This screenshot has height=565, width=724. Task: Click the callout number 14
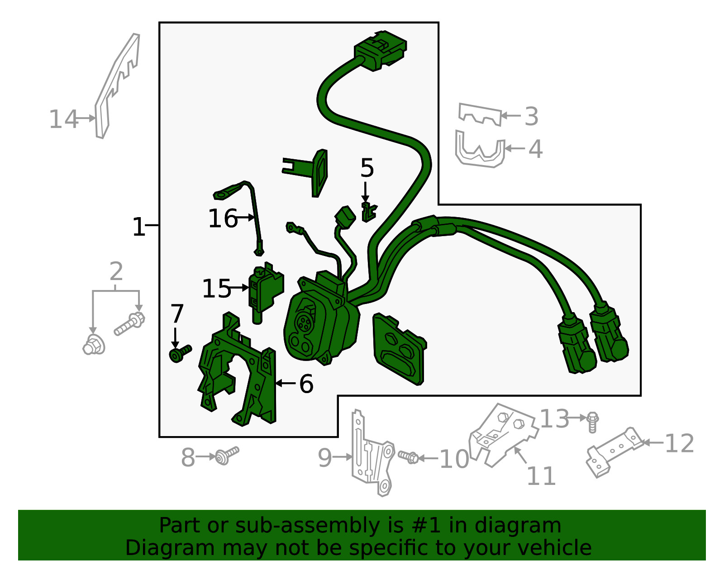(x=63, y=119)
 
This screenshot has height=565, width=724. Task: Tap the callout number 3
(x=531, y=117)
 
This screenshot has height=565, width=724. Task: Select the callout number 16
(x=223, y=218)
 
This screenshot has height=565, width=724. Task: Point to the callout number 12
(x=679, y=443)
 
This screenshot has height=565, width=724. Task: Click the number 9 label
(x=325, y=458)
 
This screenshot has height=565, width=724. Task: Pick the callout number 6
(x=306, y=384)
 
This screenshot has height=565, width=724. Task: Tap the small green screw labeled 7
(x=180, y=354)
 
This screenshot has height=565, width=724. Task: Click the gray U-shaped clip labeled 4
(x=480, y=149)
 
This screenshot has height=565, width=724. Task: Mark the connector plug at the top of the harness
(x=381, y=51)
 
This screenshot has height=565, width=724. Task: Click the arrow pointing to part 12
(x=653, y=443)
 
